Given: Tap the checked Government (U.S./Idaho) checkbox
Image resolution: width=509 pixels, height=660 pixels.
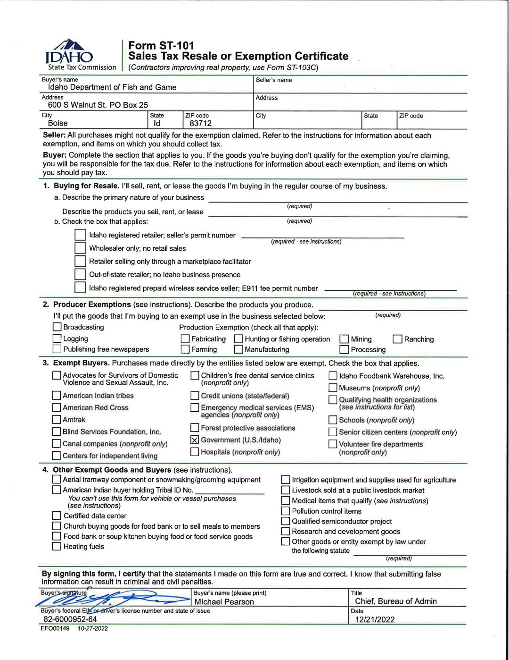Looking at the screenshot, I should tap(195, 440).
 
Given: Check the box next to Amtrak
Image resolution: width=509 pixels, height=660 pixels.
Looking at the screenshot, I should tap(57, 420).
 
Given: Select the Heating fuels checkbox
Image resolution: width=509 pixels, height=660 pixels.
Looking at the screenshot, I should tap(57, 547).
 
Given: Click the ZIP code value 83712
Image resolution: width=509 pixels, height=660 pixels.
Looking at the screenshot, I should tap(200, 123).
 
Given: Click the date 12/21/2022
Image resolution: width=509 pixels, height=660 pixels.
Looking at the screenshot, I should tap(375, 619).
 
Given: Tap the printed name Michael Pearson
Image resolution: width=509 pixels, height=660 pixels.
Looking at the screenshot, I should tap(224, 602).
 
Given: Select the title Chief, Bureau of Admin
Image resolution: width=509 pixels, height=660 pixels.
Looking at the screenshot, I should tap(395, 601).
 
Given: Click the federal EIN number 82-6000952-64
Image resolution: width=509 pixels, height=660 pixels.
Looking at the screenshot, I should tap(70, 619).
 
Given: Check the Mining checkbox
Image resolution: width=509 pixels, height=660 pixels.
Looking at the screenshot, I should tap(345, 339).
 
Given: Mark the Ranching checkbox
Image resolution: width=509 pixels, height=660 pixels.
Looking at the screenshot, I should tap(398, 339).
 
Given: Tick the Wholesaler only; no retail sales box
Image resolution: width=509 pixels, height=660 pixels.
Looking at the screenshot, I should tap(80, 248).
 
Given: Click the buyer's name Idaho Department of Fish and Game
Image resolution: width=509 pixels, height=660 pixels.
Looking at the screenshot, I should tap(112, 87).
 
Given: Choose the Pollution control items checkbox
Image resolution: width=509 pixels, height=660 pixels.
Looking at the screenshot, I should tap(286, 511).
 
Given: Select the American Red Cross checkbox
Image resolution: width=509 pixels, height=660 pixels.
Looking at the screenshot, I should tap(57, 408).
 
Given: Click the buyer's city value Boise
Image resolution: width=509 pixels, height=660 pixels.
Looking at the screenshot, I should tap(57, 123).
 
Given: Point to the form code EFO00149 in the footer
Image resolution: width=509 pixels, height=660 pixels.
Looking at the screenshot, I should tap(55, 629).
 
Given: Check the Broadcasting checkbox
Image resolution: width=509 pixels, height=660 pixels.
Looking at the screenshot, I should tap(57, 327).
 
